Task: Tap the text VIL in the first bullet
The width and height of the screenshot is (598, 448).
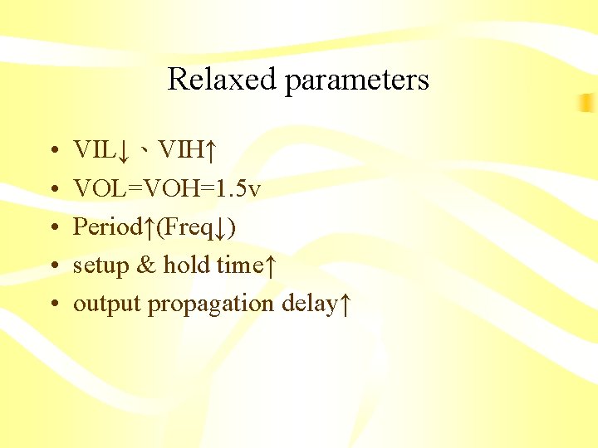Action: [x=93, y=151]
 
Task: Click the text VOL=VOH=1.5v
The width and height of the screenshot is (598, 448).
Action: [x=167, y=189]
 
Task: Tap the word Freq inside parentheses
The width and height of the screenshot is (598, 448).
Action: [x=184, y=227]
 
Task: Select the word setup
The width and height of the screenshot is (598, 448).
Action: [x=99, y=266]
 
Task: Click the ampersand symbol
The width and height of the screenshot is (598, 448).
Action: [x=145, y=265]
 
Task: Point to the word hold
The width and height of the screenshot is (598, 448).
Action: [x=187, y=265]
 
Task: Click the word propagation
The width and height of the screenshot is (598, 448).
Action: [x=212, y=304]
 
